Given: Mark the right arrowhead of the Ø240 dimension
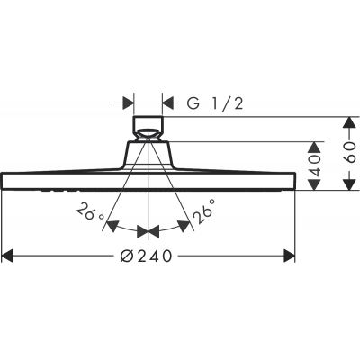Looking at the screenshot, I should [290, 256].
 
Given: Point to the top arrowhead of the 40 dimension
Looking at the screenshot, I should [315, 144].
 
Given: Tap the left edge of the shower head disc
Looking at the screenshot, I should [4, 179].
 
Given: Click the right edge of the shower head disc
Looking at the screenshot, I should [294, 179].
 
